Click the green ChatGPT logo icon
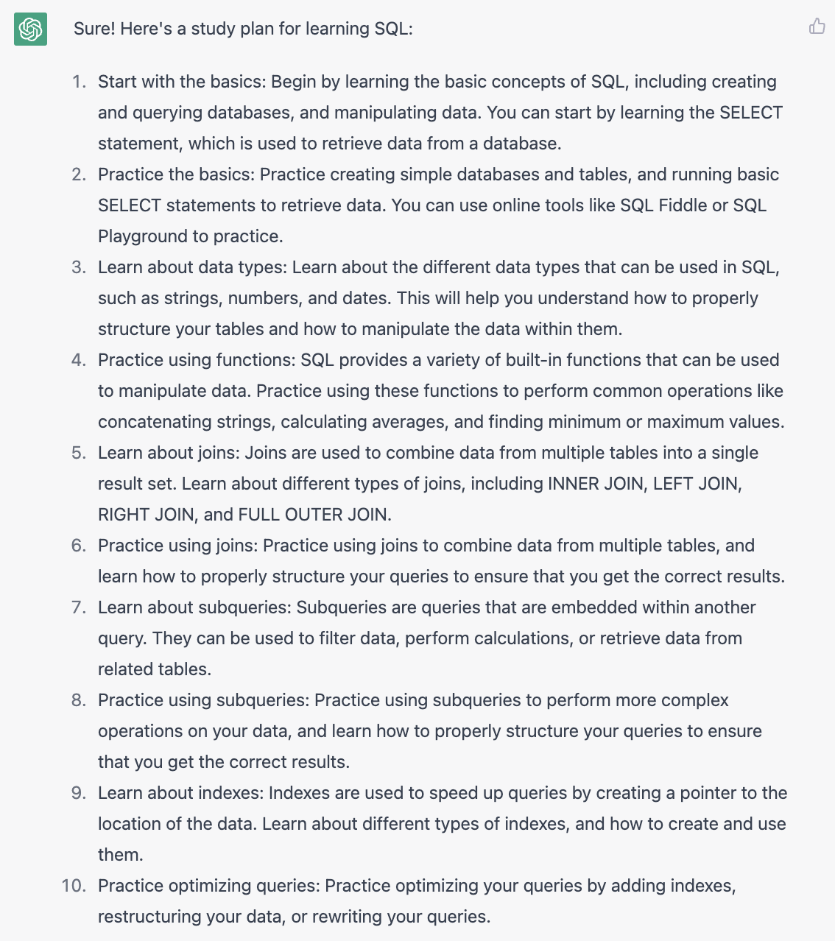coord(30,29)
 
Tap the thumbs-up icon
coord(817,27)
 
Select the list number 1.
coord(79,82)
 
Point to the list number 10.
coord(74,886)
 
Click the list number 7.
coord(79,607)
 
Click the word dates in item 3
coord(364,298)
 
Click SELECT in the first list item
coord(751,113)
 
